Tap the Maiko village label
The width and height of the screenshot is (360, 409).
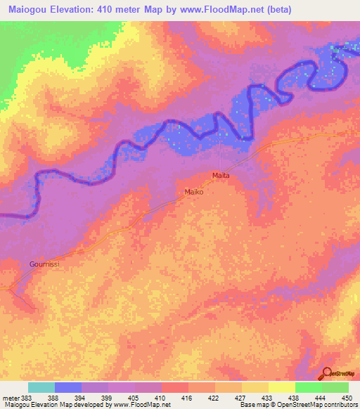click(x=194, y=191)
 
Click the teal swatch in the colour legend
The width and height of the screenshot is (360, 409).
click(x=41, y=387)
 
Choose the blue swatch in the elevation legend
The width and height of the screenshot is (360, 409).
click(x=68, y=387)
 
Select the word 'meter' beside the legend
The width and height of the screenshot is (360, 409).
click(x=11, y=397)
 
